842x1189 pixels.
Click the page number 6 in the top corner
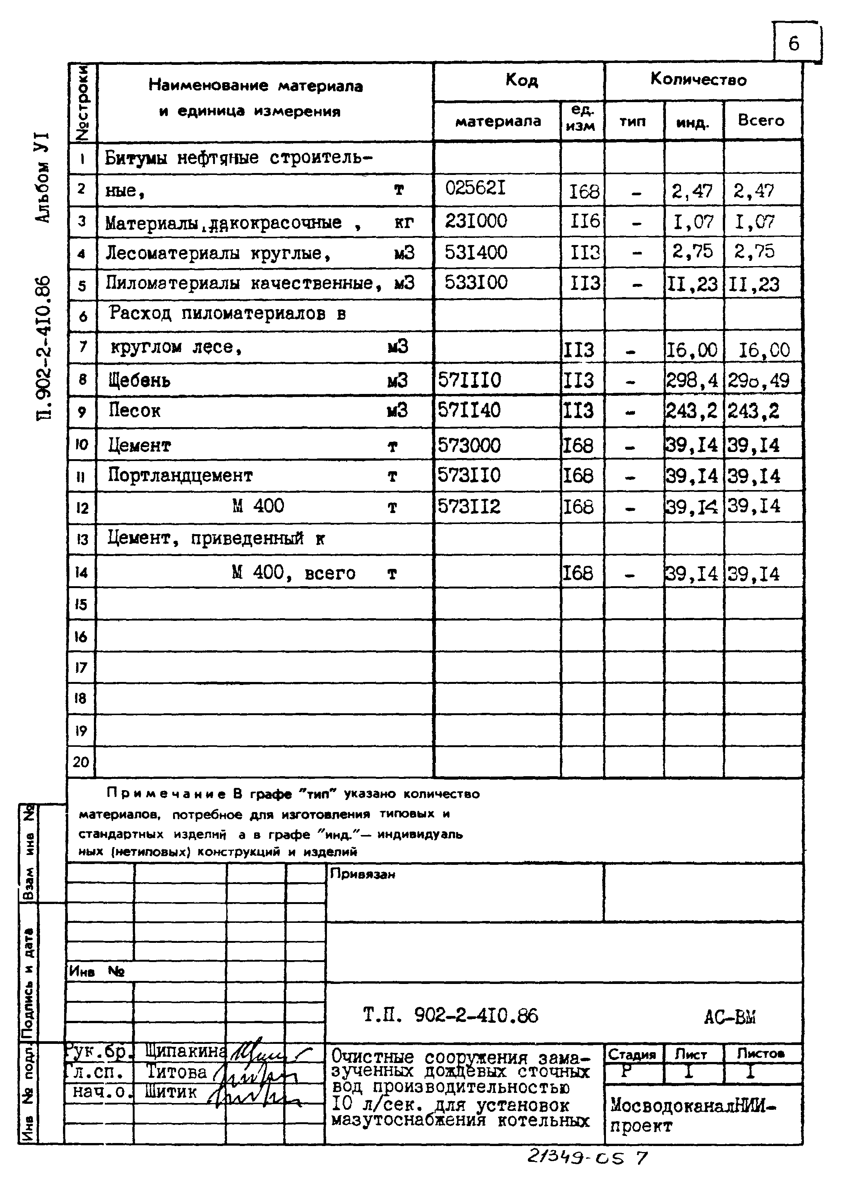click(x=794, y=43)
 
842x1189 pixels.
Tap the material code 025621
click(x=475, y=188)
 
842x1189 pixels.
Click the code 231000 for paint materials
click(x=476, y=221)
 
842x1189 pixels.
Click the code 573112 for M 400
click(x=469, y=506)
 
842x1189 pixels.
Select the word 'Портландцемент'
click(x=180, y=475)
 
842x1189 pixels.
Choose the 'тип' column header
click(x=633, y=122)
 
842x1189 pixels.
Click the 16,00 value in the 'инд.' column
click(x=692, y=350)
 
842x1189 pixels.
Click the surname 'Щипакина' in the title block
click(x=186, y=1051)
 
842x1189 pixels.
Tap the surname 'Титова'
click(x=177, y=1071)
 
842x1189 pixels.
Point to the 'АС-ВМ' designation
click(x=730, y=1017)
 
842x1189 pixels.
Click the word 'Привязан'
click(x=363, y=874)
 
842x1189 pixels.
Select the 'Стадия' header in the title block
click(x=632, y=1054)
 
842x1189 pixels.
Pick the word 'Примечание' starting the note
click(x=166, y=794)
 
